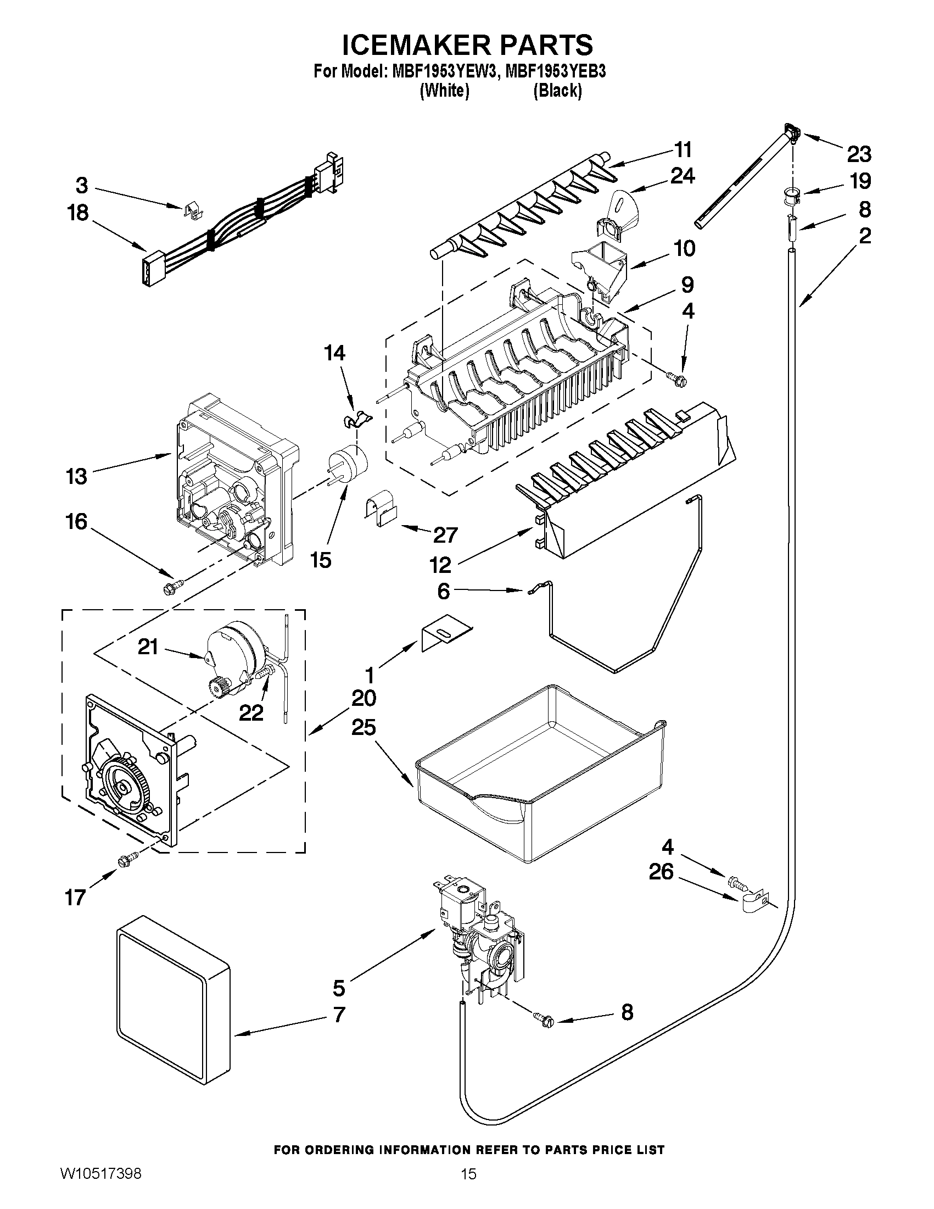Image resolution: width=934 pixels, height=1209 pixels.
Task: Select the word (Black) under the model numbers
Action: point(557,91)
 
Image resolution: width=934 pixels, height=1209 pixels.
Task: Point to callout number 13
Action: point(77,476)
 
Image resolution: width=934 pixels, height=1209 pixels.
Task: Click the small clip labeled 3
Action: point(191,211)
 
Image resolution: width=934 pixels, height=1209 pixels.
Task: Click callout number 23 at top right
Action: point(859,154)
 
